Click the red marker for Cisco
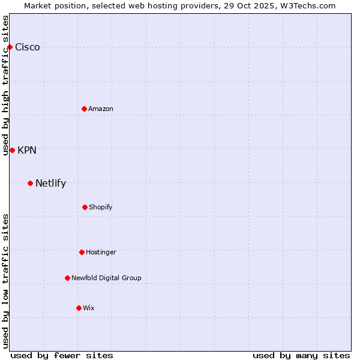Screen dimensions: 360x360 click(10, 47)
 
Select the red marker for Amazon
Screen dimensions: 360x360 click(84, 109)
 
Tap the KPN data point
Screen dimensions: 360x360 click(12, 150)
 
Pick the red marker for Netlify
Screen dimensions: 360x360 click(30, 183)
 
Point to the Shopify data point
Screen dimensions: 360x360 click(85, 207)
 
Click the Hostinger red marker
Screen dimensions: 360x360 click(82, 252)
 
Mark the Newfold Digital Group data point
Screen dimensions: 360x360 click(67, 278)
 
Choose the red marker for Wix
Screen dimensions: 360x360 click(79, 308)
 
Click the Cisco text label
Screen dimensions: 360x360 click(28, 47)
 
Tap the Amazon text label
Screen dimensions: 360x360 click(101, 109)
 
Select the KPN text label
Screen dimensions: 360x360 click(27, 151)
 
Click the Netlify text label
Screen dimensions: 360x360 click(50, 184)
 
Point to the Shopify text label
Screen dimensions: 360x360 click(101, 207)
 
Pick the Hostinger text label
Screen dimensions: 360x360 click(101, 252)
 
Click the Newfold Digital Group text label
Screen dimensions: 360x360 click(106, 278)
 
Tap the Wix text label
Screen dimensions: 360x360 click(89, 308)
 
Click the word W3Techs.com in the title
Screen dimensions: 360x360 click(306, 5)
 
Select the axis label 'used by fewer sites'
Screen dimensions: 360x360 click(62, 355)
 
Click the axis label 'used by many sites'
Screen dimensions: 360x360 click(301, 355)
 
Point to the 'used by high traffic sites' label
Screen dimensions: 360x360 click(5, 85)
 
